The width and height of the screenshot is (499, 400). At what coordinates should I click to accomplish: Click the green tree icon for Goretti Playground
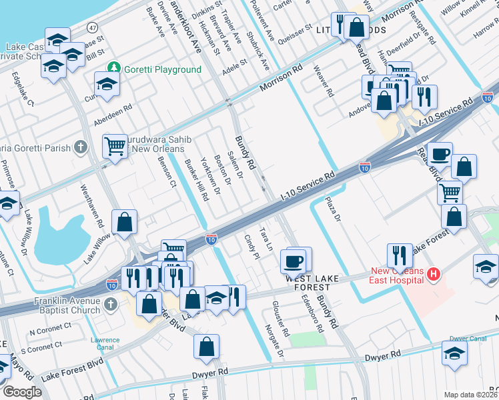tap(114, 69)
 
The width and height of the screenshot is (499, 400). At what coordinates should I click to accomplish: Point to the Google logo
tap(22, 392)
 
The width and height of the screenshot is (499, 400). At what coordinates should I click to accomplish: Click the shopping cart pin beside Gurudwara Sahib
tap(115, 145)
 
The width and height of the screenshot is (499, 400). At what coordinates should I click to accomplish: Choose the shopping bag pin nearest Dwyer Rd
tap(207, 345)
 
